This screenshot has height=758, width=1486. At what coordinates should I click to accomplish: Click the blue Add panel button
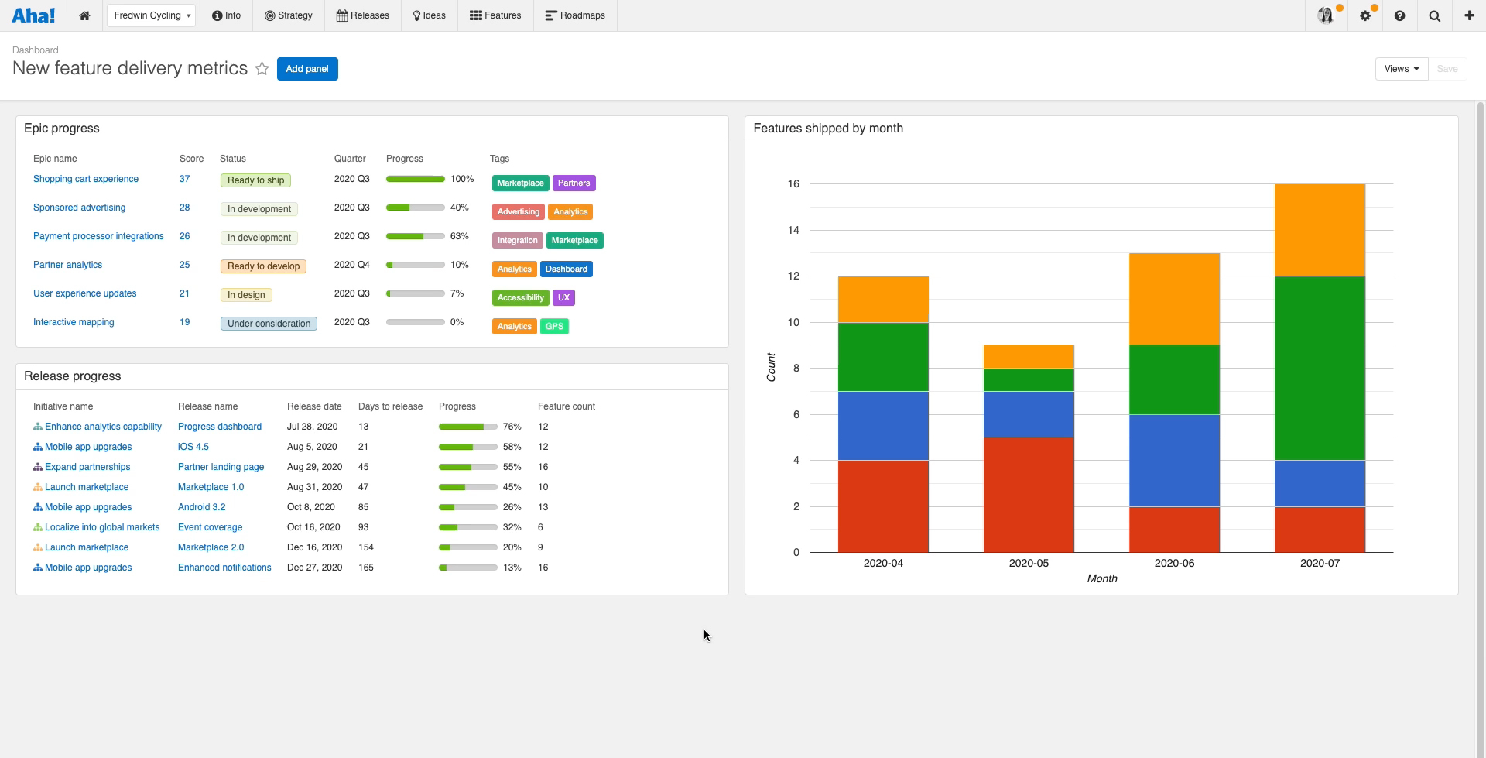[x=307, y=69]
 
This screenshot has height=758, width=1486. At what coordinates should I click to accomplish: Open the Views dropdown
[x=1401, y=69]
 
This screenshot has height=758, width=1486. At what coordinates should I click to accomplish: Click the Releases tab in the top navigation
[x=362, y=15]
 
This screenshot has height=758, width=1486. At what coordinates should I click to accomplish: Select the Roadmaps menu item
[x=575, y=15]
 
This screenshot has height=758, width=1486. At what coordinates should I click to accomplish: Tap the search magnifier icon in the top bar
[x=1434, y=16]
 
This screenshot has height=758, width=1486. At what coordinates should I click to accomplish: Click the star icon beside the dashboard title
[x=262, y=69]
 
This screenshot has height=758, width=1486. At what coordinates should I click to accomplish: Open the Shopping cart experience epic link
[x=86, y=179]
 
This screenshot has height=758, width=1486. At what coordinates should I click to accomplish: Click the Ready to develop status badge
[x=263, y=266]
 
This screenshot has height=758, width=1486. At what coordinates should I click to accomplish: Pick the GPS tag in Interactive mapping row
[x=554, y=327]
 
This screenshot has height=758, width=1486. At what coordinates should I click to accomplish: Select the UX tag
[x=563, y=298]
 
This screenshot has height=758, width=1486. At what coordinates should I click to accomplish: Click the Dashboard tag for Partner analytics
[x=566, y=269]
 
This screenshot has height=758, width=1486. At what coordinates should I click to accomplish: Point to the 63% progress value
[x=460, y=236]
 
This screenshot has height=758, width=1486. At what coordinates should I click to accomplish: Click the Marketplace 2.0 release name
[x=211, y=547]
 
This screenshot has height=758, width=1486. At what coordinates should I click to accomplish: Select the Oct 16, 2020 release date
[x=313, y=527]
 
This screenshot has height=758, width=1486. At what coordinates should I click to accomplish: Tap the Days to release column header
[x=390, y=406]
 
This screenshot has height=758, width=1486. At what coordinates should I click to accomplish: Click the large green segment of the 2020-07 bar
[x=1320, y=368]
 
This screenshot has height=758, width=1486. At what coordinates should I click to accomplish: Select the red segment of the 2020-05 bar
[x=1029, y=495]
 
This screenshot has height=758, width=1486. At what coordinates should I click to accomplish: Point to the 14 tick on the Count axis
[x=793, y=230]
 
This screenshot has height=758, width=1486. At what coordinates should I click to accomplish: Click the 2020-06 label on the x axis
[x=1174, y=564]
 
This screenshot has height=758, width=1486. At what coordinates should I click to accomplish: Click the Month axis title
[x=1102, y=579]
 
